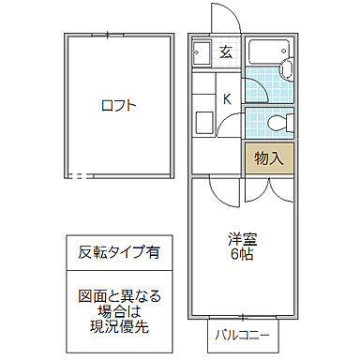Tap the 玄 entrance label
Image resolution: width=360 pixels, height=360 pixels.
coord(226,52)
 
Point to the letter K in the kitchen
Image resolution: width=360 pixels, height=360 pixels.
coord(226,98)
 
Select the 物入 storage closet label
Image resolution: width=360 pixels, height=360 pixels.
coord(269,157)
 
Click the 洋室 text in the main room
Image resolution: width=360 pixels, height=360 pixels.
coord(242,238)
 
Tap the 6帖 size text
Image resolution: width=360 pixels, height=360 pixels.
coord(242,254)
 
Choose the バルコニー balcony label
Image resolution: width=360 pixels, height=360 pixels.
coord(242,333)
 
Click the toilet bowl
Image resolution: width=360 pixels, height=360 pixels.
coord(274,121)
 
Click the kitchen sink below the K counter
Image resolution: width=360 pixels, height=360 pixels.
coord(202,123)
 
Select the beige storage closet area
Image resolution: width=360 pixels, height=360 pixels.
coord(269,157)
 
